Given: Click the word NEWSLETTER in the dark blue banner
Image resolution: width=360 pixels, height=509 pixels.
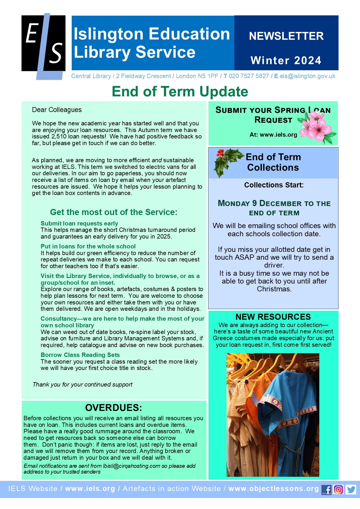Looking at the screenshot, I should click(x=286, y=36).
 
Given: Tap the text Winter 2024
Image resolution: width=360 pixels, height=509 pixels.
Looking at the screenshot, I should click(x=286, y=60).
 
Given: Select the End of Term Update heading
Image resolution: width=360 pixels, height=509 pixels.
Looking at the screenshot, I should click(x=180, y=91).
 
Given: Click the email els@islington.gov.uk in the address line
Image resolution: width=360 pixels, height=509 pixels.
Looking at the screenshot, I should click(x=307, y=76).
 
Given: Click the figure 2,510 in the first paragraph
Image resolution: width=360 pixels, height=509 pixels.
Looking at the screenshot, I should click(x=57, y=136).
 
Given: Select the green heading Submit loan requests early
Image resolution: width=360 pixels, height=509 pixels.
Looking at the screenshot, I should click(x=79, y=223).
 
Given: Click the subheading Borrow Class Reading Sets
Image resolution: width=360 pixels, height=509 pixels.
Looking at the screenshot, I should click(x=80, y=355).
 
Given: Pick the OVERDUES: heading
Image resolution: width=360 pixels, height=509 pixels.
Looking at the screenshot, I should click(x=114, y=407).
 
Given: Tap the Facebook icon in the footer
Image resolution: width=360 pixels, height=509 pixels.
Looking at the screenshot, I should click(x=327, y=490).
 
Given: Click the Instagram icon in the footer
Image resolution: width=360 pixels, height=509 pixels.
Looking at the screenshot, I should click(x=339, y=490).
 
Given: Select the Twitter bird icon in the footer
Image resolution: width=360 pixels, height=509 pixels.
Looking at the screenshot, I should click(x=351, y=490).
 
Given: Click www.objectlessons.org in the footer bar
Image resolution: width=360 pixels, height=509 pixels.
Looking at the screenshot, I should click(x=273, y=489).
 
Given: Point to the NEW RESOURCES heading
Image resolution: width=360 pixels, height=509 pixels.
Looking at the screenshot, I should click(x=273, y=317).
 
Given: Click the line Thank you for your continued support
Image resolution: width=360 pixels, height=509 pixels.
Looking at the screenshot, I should click(x=82, y=385).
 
